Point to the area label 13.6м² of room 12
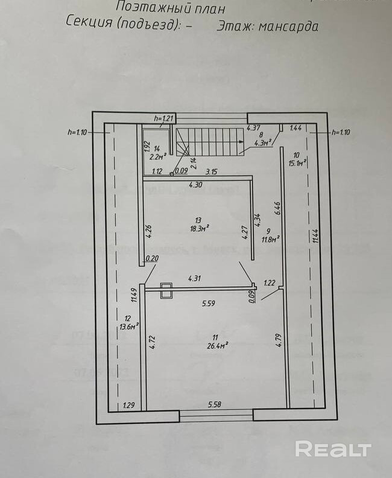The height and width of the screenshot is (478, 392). tap(128, 326)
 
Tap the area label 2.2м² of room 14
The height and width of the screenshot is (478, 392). tap(157, 155)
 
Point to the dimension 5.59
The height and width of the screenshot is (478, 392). tap(208, 304)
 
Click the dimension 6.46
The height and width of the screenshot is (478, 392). tap(278, 208)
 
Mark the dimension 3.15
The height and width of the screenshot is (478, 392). tap(212, 172)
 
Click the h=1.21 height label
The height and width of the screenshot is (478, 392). tap(163, 117)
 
